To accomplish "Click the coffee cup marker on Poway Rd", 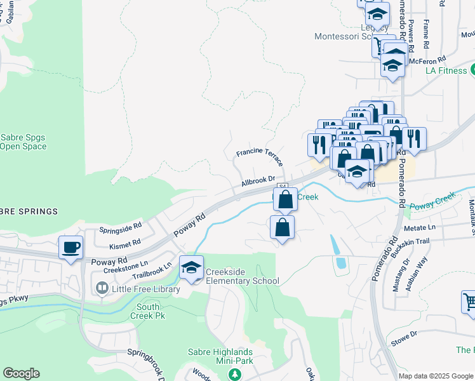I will [x=70, y=247].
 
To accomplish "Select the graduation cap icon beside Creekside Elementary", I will [x=191, y=267].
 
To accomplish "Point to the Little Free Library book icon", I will [x=102, y=289].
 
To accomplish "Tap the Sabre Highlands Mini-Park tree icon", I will [x=235, y=375].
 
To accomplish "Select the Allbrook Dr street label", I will [x=258, y=182].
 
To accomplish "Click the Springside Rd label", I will [x=120, y=229].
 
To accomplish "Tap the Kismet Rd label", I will [x=124, y=244].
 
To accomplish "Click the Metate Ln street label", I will [x=420, y=227].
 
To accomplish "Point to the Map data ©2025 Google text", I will [x=436, y=376].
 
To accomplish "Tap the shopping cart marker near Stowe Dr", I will [x=469, y=304].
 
